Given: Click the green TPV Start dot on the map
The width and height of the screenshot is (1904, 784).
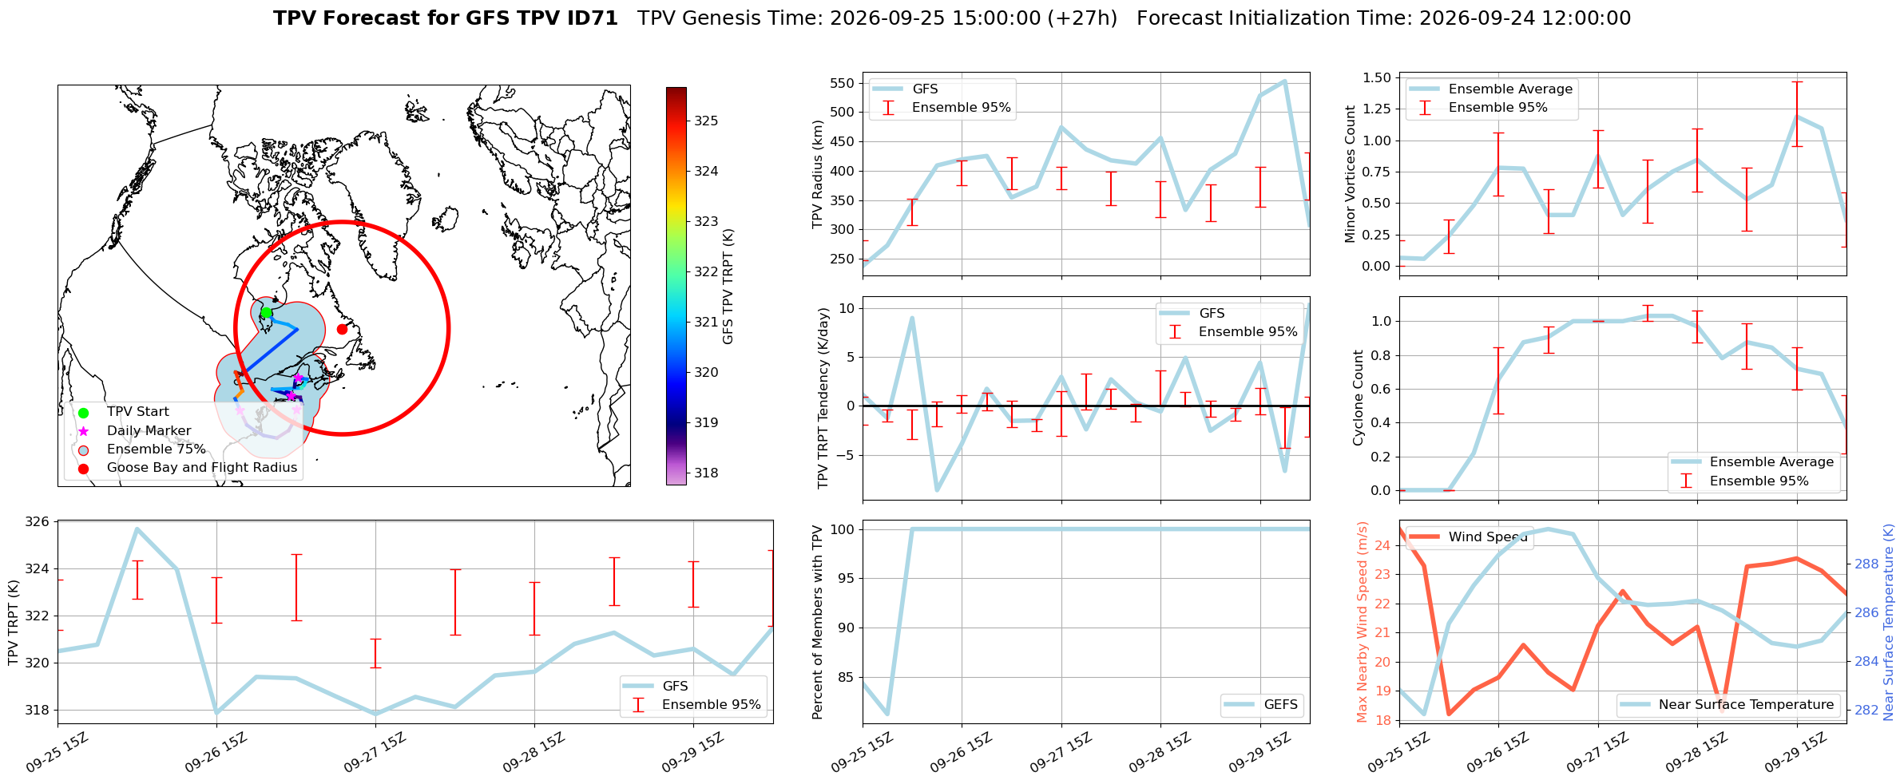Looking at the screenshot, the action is [266, 312].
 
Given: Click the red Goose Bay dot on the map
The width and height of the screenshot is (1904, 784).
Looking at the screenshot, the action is [342, 329].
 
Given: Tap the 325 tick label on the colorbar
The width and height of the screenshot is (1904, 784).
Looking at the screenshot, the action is [706, 121].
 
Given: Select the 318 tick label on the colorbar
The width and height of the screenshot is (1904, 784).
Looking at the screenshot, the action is [706, 473].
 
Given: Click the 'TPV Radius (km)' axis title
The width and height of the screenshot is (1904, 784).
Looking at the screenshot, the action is [817, 175].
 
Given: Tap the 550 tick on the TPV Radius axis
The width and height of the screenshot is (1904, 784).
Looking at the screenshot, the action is [843, 83].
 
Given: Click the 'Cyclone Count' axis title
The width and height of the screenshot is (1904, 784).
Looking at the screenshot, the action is [1358, 398].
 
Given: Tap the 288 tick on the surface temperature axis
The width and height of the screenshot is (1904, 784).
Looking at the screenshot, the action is [1866, 564].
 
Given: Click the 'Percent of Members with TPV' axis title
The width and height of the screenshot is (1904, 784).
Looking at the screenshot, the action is [817, 622].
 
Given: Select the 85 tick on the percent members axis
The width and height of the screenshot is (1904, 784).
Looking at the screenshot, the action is [846, 678].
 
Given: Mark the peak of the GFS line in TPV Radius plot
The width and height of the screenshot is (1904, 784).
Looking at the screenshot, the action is [1284, 81].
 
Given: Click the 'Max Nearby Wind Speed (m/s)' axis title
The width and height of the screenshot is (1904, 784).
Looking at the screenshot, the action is [1363, 622].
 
